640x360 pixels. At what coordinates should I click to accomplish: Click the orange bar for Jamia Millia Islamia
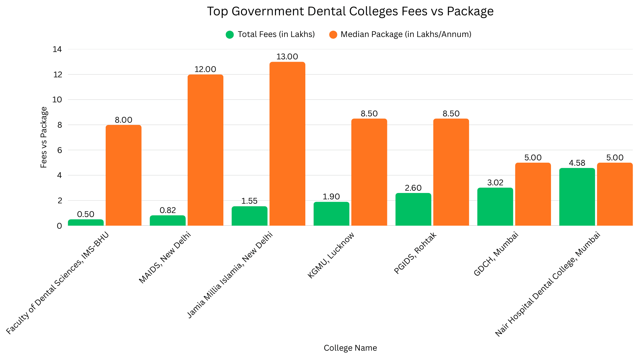(x=287, y=144)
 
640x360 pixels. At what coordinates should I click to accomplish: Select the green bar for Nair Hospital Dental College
(x=577, y=197)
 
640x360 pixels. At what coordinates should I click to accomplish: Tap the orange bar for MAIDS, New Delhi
(x=205, y=150)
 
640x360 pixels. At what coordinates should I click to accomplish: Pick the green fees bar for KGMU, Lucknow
(x=331, y=214)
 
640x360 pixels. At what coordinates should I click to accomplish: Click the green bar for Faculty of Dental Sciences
(x=86, y=222)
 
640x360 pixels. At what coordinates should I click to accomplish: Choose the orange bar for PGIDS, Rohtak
(x=451, y=172)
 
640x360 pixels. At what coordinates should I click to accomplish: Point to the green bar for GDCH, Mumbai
(x=495, y=207)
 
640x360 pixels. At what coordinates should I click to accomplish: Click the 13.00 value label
(x=287, y=57)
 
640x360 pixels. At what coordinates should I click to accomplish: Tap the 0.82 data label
(x=168, y=210)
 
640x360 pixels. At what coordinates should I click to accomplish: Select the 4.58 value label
(x=577, y=163)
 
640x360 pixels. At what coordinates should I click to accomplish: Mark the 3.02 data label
(x=495, y=183)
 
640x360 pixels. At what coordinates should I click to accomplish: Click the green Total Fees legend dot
(x=230, y=35)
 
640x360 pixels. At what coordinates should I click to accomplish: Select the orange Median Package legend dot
(x=333, y=35)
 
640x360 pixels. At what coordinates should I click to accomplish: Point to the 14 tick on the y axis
(x=57, y=49)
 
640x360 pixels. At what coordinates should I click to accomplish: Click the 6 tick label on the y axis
(x=60, y=150)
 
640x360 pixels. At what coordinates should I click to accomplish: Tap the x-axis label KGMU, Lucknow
(x=331, y=255)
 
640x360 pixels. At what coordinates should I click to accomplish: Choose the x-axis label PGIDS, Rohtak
(x=415, y=253)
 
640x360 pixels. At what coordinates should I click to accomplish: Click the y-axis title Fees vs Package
(x=44, y=137)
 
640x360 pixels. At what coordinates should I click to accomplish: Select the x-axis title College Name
(x=350, y=348)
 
